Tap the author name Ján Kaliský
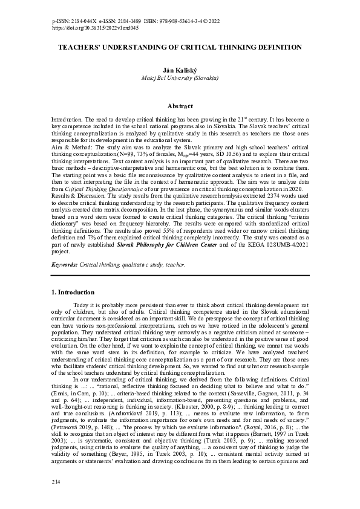(x=180, y=70)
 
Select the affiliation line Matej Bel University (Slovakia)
(x=180, y=78)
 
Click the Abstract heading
(x=180, y=106)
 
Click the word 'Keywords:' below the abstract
(x=65, y=265)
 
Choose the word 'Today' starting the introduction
(x=80, y=305)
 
